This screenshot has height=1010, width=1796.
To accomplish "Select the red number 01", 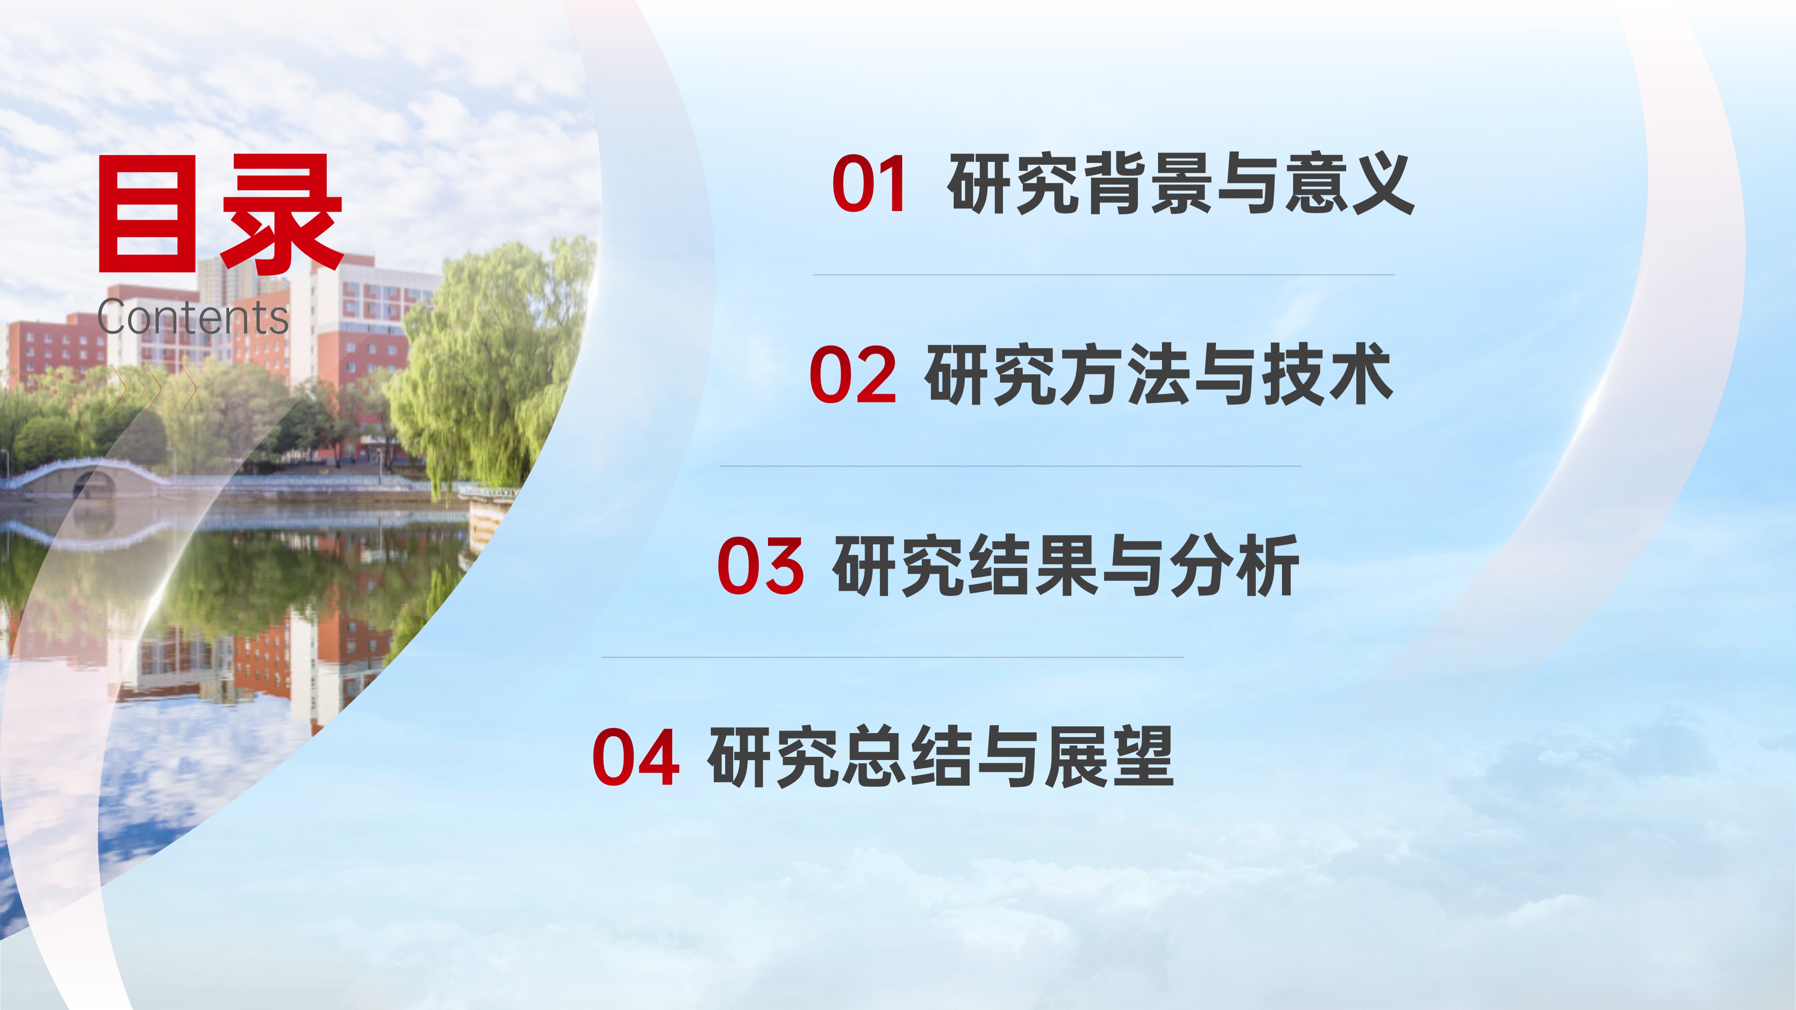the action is tap(869, 184).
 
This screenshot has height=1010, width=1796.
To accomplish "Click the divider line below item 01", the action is tap(1104, 275).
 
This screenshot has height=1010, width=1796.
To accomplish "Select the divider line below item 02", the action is tap(1010, 465).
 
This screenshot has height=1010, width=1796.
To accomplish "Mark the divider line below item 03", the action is tap(892, 657).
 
